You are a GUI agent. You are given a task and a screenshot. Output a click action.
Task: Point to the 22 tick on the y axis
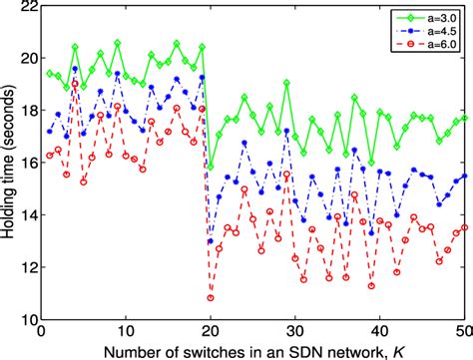click(26, 8)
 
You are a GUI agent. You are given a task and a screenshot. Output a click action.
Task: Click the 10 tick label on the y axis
click(26, 320)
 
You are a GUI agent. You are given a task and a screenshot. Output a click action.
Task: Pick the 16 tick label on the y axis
click(26, 164)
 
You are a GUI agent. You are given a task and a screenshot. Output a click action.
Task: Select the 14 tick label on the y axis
click(26, 216)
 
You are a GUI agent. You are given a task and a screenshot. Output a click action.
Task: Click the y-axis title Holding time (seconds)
click(10, 165)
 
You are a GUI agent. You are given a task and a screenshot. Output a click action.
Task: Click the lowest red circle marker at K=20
click(211, 297)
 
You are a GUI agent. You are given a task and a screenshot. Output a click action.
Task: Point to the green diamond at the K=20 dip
click(211, 166)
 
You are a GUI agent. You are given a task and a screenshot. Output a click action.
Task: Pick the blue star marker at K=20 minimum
click(211, 241)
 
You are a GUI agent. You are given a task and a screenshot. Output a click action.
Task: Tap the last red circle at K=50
click(464, 226)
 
